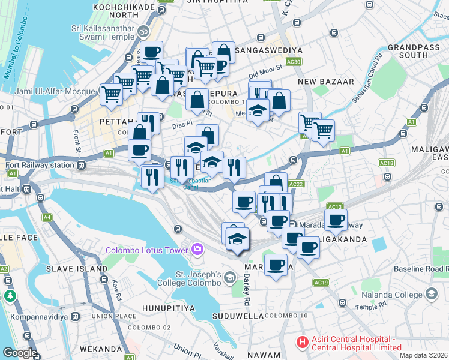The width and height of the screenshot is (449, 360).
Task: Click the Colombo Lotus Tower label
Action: pyautogui.click(x=146, y=250)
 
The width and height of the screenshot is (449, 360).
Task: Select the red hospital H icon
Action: pyautogui.click(x=302, y=342)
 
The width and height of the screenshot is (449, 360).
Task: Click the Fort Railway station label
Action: pyautogui.click(x=38, y=165)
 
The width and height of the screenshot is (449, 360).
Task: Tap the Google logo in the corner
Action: pyautogui.click(x=19, y=353)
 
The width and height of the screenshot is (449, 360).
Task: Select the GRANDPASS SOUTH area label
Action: pyautogui.click(x=415, y=50)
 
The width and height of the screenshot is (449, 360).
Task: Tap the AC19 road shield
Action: pyautogui.click(x=321, y=282)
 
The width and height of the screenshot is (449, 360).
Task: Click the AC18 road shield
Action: pyautogui.click(x=387, y=163)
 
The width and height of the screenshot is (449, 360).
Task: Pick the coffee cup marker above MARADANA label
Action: pyautogui.click(x=276, y=265)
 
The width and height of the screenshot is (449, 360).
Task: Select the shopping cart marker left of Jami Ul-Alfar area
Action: pyautogui.click(x=111, y=94)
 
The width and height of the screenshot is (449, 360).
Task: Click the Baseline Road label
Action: pyautogui.click(x=421, y=269)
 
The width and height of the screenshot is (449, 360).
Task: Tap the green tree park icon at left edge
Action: pyautogui.click(x=10, y=296)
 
